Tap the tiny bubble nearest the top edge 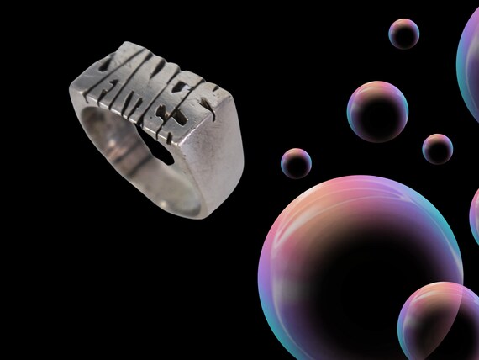click(404, 34)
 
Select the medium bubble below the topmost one click(377, 111)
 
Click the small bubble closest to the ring click(296, 162)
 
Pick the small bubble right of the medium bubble click(437, 148)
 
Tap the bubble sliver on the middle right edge click(474, 214)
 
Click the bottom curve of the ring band click(168, 206)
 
